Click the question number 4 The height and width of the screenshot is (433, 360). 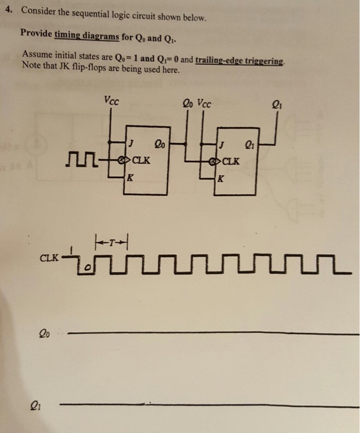coord(9,10)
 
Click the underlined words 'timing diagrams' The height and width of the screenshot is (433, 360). coord(87,36)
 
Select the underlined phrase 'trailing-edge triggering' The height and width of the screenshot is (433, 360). coord(239,61)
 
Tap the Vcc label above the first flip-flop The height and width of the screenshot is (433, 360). coord(112,101)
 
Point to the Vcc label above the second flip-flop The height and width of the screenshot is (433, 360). coord(204,104)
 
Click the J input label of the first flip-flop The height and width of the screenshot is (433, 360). coord(131,144)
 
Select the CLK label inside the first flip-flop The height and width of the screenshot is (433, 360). coord(142,160)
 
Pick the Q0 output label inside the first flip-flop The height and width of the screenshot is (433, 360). coord(160,144)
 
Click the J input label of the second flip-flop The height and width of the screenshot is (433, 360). coord(222,145)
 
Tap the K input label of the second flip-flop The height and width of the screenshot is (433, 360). coord(221,179)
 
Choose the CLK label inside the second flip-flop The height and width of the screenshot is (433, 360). coord(231,161)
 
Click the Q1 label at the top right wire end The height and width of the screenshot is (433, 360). coord(277,105)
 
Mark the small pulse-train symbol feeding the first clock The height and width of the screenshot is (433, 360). coord(82,160)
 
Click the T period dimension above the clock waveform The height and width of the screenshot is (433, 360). coord(111,242)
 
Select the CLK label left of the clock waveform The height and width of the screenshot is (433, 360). coord(49,258)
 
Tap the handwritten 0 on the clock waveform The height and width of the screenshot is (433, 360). coord(88,268)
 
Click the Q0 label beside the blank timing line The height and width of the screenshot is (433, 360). coord(45,334)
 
